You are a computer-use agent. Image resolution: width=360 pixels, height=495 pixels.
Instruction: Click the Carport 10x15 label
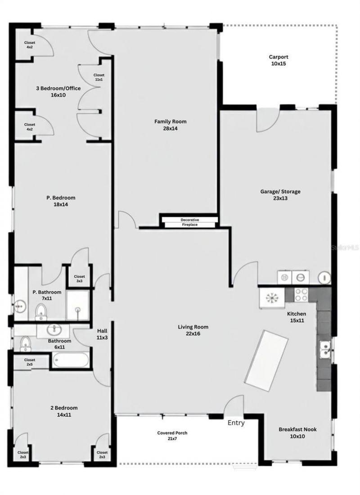pos(279,60)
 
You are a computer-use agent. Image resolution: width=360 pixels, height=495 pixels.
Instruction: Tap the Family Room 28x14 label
pos(170,125)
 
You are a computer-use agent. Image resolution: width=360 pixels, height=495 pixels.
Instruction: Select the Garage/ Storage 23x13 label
pos(280,194)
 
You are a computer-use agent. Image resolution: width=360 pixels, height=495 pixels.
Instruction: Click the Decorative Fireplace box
pos(189,222)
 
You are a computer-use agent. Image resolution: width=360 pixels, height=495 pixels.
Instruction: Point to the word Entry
pos(236,423)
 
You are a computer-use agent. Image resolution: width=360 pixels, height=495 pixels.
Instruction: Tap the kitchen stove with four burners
pos(301,295)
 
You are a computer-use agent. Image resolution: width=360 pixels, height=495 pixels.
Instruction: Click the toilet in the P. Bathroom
pos(41,311)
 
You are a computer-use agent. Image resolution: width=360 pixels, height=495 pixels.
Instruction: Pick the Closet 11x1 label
pos(99,77)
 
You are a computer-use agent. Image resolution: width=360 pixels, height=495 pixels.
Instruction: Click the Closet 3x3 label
pos(79,279)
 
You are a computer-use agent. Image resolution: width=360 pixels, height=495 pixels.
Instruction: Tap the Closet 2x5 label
pos(30,362)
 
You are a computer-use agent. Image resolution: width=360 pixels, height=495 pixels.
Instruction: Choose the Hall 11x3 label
pos(101,334)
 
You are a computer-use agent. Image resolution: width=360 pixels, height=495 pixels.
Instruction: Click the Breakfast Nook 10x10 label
pos(297,432)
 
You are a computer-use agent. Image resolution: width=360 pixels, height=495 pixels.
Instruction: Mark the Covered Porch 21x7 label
pos(172,436)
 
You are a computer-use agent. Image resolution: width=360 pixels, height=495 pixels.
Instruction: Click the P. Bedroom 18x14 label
pos(60,201)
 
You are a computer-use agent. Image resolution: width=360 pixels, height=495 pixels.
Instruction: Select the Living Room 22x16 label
pos(193,330)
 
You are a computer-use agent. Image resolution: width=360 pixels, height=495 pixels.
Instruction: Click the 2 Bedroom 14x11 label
pos(63,411)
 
